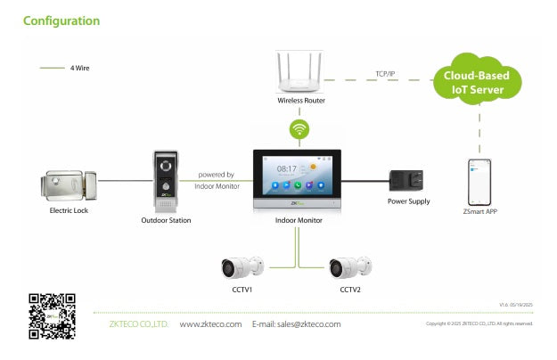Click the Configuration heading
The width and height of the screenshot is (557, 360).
(x=61, y=20)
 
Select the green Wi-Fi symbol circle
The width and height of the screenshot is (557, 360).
(x=301, y=129)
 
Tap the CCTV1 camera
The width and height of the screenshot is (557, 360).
(x=242, y=266)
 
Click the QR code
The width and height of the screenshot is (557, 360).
(x=51, y=315)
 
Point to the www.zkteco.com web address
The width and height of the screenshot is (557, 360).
(x=210, y=324)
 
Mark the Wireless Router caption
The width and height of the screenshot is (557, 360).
(x=300, y=101)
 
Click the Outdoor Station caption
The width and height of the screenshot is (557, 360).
(x=166, y=220)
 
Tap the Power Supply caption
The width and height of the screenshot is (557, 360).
(x=409, y=201)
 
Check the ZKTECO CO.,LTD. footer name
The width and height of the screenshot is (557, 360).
(x=138, y=324)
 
